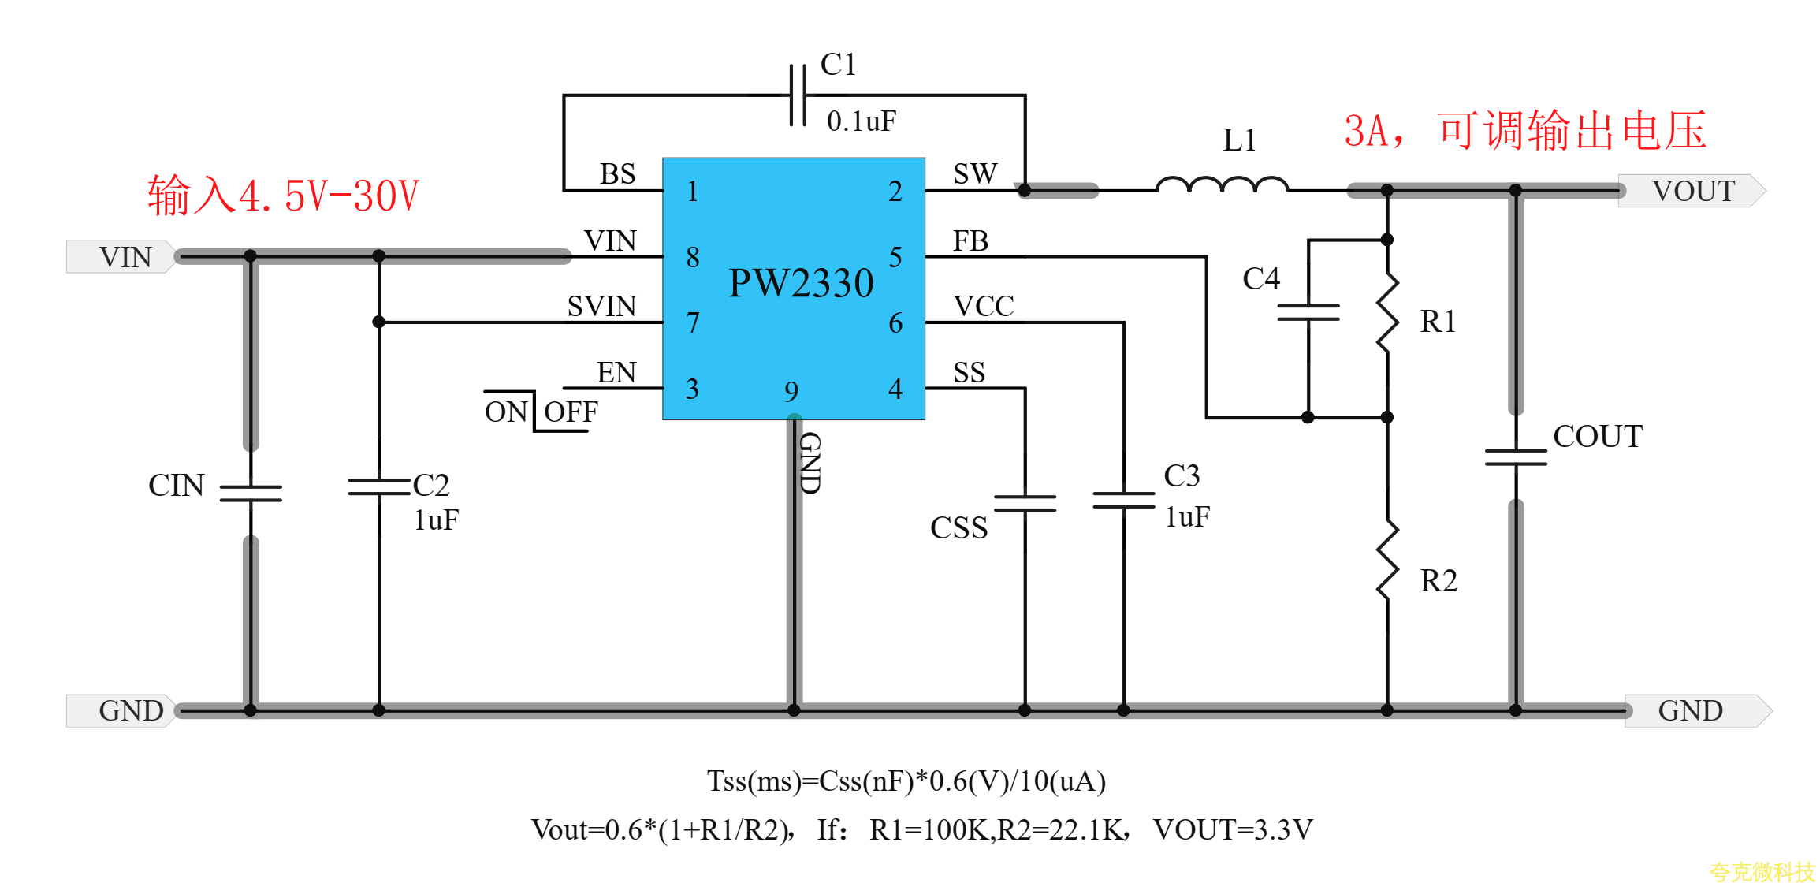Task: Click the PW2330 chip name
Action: click(x=801, y=283)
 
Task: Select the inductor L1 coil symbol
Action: click(x=1222, y=185)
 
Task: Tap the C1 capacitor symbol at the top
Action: click(x=798, y=95)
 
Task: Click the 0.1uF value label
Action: click(x=861, y=121)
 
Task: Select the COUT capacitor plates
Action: click(x=1515, y=457)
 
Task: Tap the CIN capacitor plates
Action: click(x=251, y=494)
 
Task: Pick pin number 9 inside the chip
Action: click(x=791, y=391)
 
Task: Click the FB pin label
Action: click(x=970, y=241)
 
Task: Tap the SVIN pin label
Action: click(x=601, y=307)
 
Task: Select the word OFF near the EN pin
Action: click(x=571, y=412)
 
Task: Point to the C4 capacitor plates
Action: click(x=1308, y=313)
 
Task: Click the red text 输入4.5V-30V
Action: click(x=284, y=196)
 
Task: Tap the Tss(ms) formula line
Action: click(x=906, y=781)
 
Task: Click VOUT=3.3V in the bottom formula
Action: click(x=1233, y=829)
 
